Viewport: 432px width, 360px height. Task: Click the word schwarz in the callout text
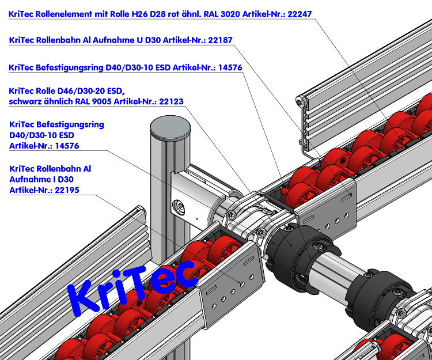[27, 102]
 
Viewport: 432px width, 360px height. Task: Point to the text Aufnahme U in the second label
[119, 40]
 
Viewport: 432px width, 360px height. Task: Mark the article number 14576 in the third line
[227, 67]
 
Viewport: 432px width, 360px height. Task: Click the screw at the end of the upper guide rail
[300, 102]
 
